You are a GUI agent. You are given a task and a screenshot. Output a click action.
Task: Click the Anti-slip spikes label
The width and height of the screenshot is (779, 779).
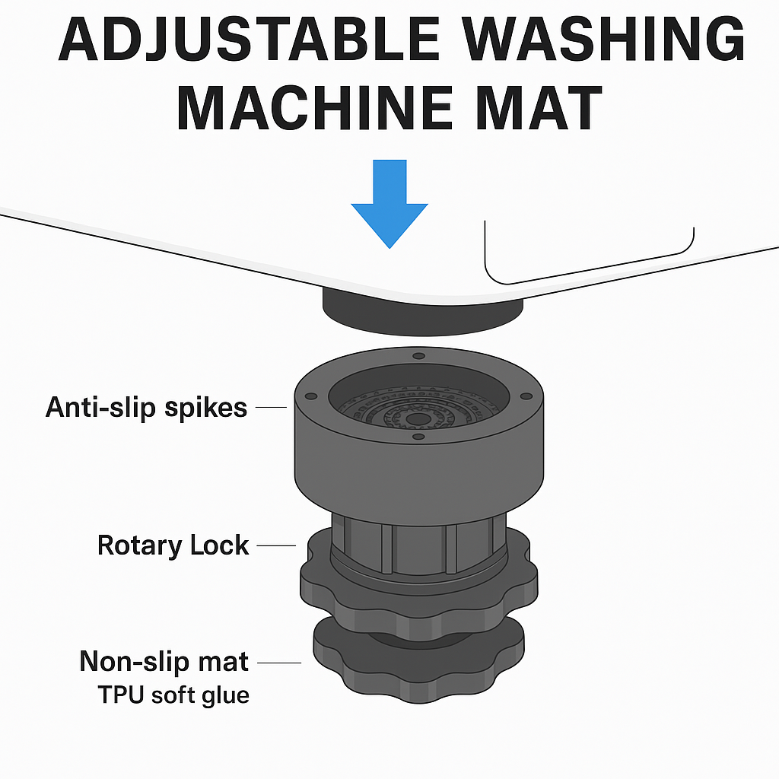tap(146, 408)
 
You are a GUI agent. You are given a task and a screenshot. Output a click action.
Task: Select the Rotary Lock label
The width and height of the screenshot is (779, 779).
tap(173, 545)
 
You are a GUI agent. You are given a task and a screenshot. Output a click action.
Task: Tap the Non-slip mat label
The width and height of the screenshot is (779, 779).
tap(164, 662)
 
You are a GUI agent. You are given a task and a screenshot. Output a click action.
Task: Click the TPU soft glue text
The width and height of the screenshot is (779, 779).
tap(173, 695)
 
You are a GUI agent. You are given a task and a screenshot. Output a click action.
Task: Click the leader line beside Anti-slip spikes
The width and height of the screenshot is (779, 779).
tap(271, 408)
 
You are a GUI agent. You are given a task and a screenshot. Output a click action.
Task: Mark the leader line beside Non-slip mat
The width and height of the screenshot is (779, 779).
tap(281, 663)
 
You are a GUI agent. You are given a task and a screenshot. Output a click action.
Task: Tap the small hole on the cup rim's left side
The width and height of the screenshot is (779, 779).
tap(310, 396)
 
